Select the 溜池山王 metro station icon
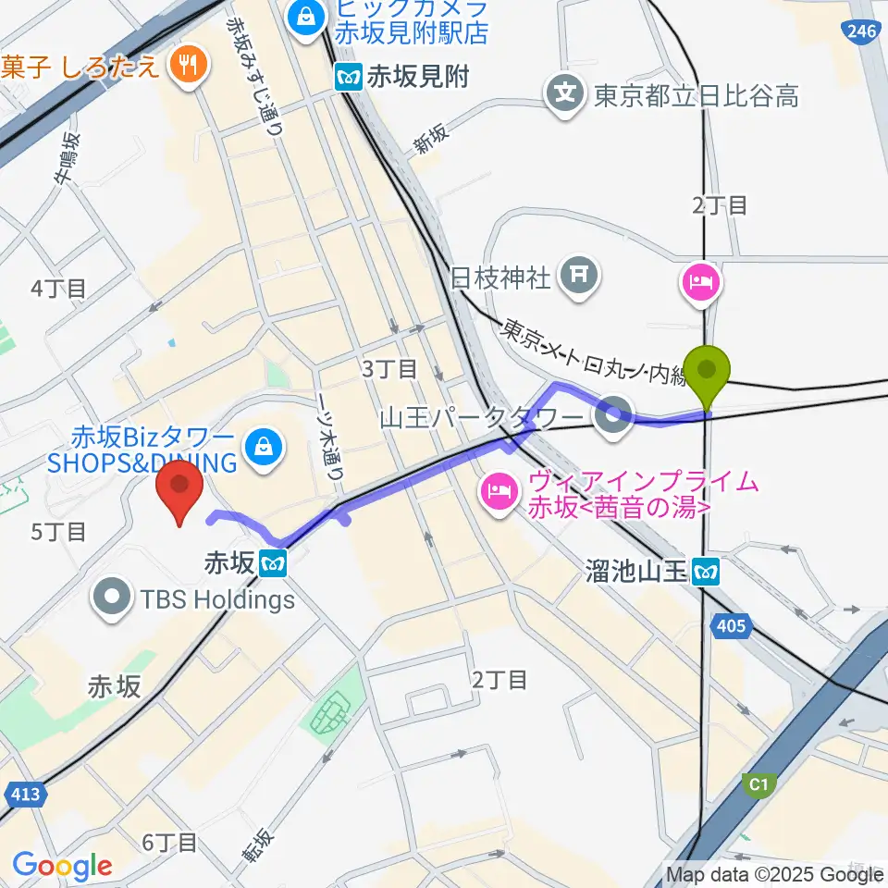(708, 573)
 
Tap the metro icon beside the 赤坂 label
(273, 561)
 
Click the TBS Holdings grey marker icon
(115, 598)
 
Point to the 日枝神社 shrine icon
(580, 275)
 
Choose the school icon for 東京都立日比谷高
(566, 93)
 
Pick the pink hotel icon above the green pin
(698, 283)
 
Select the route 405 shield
(731, 627)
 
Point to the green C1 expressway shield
(758, 784)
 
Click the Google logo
(61, 867)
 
